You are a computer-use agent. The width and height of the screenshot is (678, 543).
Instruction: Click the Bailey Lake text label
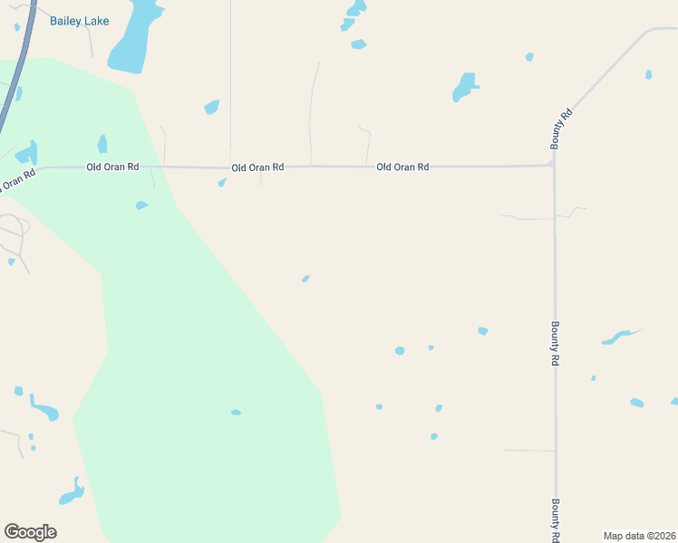(x=79, y=21)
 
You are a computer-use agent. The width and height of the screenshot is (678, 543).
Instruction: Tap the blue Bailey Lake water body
(x=133, y=41)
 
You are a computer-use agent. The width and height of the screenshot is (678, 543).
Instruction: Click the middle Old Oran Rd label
(x=257, y=167)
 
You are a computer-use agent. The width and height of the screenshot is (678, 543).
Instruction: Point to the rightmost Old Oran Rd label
(x=402, y=167)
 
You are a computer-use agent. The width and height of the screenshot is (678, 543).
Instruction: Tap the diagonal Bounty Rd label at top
(x=562, y=129)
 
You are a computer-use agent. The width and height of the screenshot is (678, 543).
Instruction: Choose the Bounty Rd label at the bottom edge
(x=555, y=519)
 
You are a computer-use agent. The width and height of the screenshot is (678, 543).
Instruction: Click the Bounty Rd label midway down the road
(x=555, y=343)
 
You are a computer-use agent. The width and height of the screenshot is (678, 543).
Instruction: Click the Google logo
(x=30, y=532)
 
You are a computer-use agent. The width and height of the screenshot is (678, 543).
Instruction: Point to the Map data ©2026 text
(x=639, y=536)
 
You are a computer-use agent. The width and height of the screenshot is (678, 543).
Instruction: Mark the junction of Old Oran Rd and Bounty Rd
(x=553, y=165)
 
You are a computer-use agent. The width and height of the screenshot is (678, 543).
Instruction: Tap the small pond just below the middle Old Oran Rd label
(x=222, y=183)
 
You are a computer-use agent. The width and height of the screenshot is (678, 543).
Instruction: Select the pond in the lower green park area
(x=236, y=413)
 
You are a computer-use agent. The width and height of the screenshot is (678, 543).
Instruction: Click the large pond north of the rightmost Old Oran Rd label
(x=464, y=87)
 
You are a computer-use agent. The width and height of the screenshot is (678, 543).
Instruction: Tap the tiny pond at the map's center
(x=305, y=279)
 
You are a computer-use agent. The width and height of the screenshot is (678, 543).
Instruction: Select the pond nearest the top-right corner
(x=648, y=74)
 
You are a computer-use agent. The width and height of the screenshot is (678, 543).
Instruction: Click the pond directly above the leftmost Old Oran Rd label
(x=102, y=144)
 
